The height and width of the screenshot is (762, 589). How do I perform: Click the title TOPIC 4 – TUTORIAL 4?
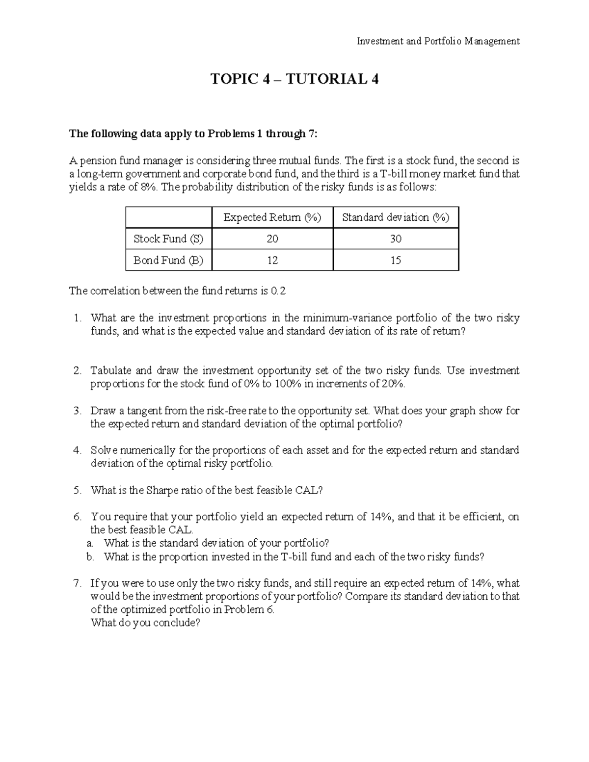click(294, 79)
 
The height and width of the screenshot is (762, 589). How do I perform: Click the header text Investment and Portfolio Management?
click(438, 41)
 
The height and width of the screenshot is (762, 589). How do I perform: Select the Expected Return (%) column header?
click(272, 217)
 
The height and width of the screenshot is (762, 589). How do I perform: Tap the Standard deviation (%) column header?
click(395, 217)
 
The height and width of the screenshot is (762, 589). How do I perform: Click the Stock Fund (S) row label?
click(168, 239)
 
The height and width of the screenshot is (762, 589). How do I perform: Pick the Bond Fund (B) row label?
click(168, 261)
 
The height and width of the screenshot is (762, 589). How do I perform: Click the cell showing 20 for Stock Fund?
click(272, 239)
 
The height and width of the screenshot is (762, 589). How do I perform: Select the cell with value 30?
click(395, 239)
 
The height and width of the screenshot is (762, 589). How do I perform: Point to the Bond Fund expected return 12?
click(272, 261)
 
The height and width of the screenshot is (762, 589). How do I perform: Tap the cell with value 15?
click(395, 261)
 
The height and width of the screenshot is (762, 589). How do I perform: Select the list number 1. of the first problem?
click(77, 318)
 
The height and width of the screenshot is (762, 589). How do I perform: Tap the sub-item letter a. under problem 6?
click(89, 543)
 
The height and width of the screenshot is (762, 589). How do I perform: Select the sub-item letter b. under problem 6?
click(89, 557)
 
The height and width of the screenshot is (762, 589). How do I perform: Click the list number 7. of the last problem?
click(77, 583)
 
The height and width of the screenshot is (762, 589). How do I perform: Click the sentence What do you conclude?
click(146, 623)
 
